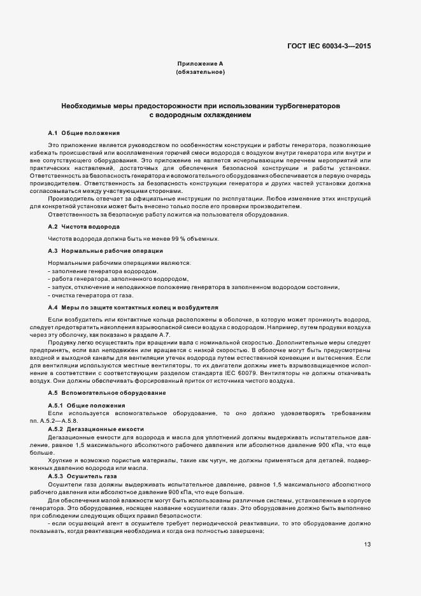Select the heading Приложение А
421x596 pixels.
click(200, 64)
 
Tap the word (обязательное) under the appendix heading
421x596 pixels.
click(200, 73)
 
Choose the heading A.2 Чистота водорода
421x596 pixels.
click(83, 227)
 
